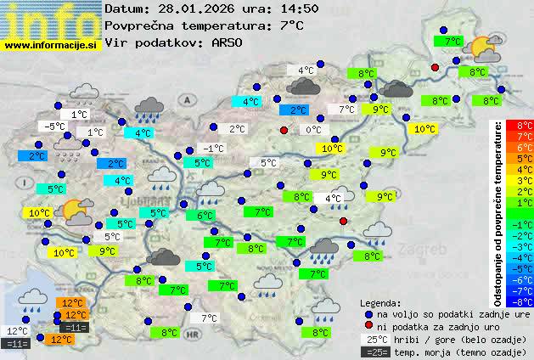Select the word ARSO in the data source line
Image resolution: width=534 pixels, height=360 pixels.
tap(229, 42)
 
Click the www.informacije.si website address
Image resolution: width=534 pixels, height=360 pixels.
tap(52, 44)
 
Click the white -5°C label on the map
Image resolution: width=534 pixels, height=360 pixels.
tap(56, 126)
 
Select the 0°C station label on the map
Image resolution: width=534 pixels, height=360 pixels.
tap(313, 130)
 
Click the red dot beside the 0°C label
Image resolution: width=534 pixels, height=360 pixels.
tap(284, 130)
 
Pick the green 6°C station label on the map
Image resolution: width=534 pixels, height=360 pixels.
tap(205, 216)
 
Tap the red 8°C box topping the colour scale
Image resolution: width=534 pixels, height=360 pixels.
tap(525, 126)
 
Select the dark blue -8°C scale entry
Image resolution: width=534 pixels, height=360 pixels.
tap(525, 301)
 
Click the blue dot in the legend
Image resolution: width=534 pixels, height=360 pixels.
tap(368, 314)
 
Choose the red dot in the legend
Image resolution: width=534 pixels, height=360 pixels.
tap(368, 326)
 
